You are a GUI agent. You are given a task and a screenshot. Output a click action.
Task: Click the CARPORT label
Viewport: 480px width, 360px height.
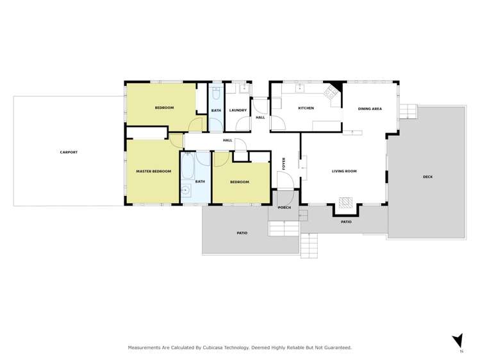(69, 152)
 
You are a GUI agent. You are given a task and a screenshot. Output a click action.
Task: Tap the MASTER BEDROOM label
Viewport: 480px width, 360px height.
(154, 171)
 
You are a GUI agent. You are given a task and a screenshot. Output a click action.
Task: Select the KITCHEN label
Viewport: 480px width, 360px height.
(306, 108)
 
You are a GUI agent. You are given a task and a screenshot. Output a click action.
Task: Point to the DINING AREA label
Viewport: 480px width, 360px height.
(370, 109)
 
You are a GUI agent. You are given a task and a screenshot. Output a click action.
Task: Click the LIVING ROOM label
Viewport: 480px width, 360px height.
(344, 171)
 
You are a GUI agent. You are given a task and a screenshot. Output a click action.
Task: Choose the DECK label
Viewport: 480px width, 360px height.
(427, 177)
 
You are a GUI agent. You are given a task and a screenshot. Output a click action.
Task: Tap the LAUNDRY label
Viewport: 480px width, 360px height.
(238, 110)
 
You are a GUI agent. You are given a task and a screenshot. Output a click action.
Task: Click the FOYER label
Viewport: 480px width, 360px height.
(284, 163)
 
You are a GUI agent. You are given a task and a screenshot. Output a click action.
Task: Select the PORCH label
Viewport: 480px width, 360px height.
(284, 208)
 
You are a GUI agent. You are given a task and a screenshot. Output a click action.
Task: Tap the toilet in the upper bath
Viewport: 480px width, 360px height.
(215, 95)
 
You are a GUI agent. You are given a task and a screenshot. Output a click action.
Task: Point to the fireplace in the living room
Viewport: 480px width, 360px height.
(345, 204)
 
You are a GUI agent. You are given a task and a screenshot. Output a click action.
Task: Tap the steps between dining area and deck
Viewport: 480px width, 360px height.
(408, 110)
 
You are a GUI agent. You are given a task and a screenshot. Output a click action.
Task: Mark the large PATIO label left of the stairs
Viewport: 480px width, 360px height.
(241, 233)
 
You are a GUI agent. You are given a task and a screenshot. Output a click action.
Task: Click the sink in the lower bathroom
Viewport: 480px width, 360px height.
(185, 189)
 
